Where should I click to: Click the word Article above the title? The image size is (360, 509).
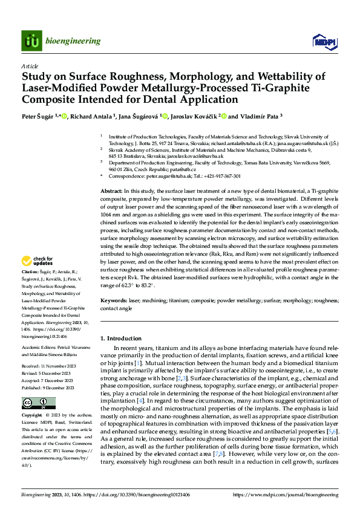pyautogui.click(x=30, y=65)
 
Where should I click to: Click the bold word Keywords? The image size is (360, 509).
pyautogui.click(x=114, y=300)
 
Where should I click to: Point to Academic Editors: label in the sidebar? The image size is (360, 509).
pyautogui.click(x=39, y=349)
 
